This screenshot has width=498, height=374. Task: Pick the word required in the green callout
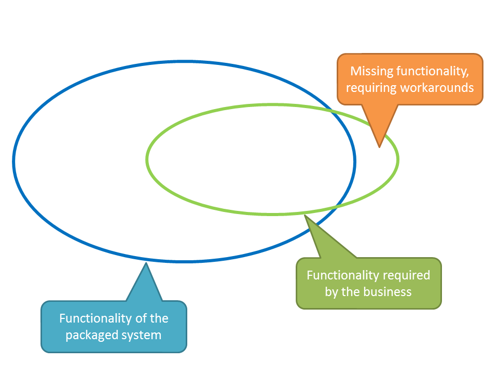coord(406,275)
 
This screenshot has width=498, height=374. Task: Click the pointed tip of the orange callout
coord(379,146)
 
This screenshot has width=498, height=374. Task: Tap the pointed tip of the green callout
coord(305,215)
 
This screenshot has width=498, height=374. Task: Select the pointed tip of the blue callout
coord(146,263)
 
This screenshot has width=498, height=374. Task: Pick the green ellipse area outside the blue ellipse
coord(376,161)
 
